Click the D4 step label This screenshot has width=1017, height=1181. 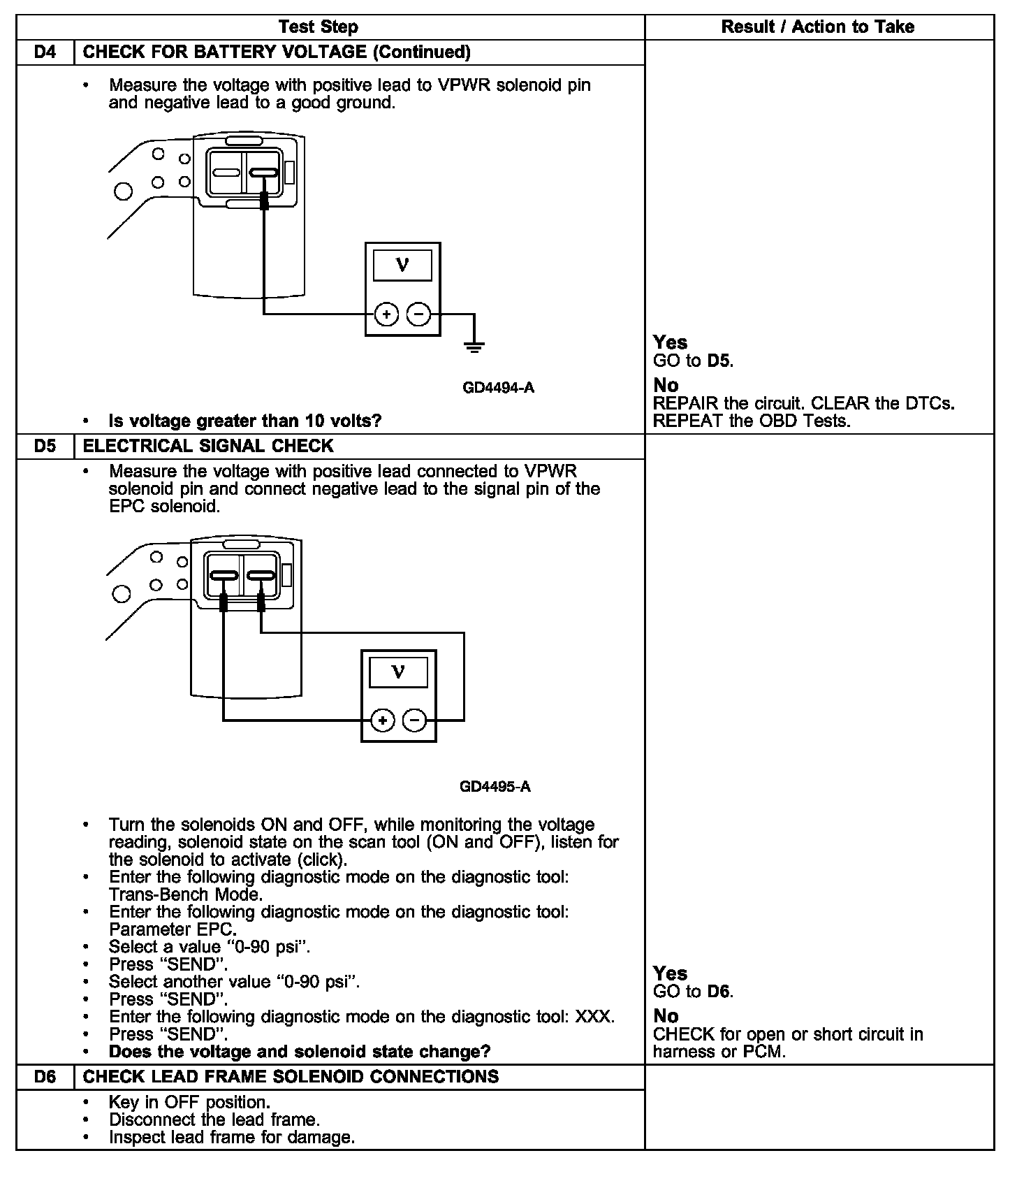coord(45,52)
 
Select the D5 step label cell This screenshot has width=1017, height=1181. coord(45,446)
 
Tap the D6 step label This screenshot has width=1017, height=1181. coord(45,1076)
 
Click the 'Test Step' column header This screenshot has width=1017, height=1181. coord(319,27)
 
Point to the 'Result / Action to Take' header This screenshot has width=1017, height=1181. coord(818,27)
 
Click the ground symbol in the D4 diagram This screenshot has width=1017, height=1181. coord(474,345)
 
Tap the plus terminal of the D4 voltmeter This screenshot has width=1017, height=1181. coord(386,314)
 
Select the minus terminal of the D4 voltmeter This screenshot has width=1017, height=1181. coord(418,314)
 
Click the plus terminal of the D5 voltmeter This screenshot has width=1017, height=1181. coord(382,720)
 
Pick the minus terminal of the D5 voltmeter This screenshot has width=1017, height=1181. coord(415,720)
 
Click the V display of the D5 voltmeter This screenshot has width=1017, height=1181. coord(398,672)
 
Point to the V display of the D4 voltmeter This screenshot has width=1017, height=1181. coord(402,266)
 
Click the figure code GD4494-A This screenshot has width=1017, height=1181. coord(498,388)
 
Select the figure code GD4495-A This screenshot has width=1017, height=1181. coord(495,787)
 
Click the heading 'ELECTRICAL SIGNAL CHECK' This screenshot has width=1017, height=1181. coord(208,446)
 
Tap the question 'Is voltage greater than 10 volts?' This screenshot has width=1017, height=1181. coord(245,421)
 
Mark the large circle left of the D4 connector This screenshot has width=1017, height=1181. coord(123,191)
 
